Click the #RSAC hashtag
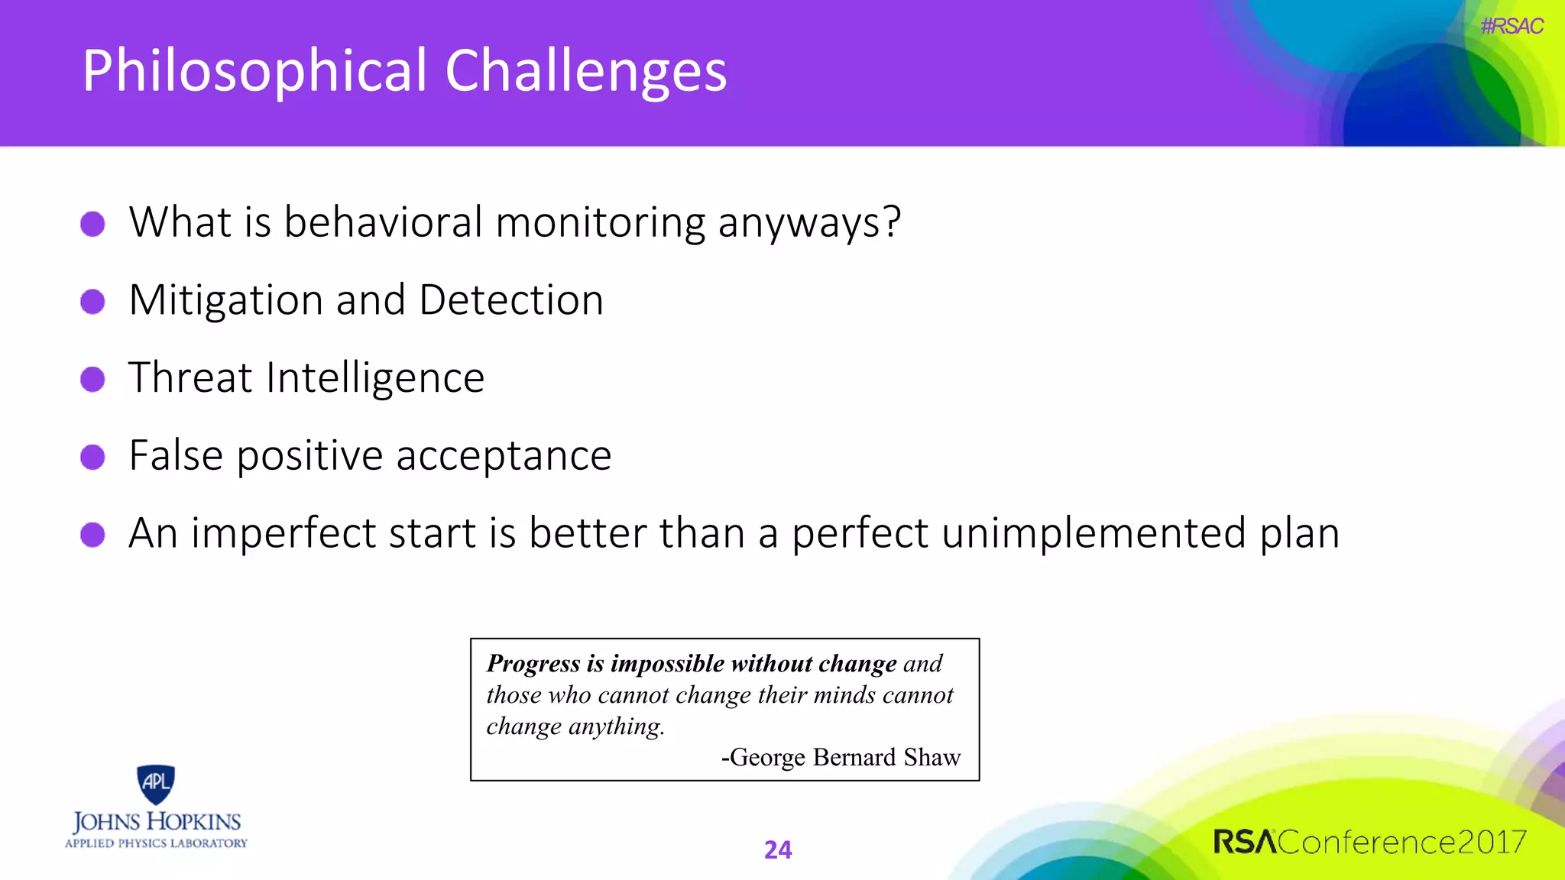coord(1511,27)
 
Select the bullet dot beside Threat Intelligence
coord(92,379)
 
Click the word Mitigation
coord(225,300)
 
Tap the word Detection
coord(511,300)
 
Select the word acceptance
coord(504,456)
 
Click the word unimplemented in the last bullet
coord(1094,533)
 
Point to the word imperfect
coord(283,533)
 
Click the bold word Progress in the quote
coord(533,663)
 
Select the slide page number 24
coord(778,849)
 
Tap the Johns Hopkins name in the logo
coord(157,822)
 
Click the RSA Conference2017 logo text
coord(1369,842)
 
